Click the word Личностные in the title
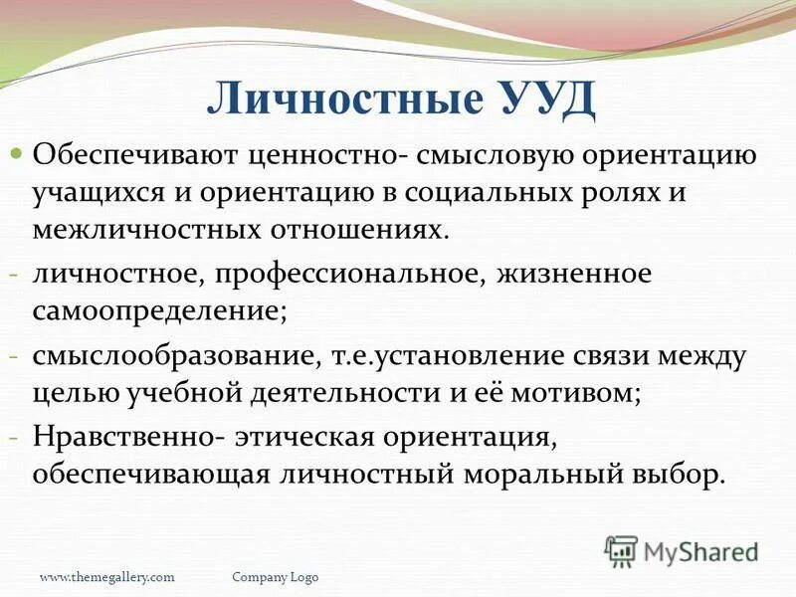tap(338, 101)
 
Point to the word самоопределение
tap(159, 309)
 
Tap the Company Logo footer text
tap(276, 577)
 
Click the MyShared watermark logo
tap(682, 550)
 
